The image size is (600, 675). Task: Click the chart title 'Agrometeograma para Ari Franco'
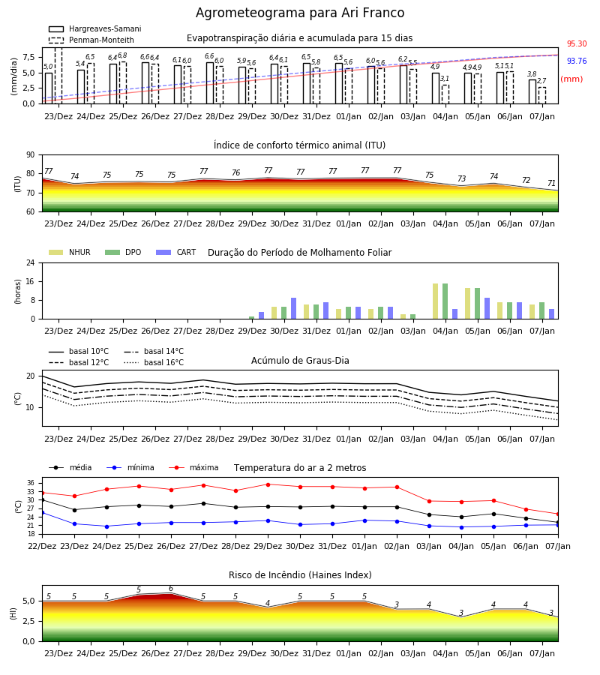(x=300, y=13)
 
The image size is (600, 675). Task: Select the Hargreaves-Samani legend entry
(x=95, y=28)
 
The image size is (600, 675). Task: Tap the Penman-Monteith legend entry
(x=91, y=40)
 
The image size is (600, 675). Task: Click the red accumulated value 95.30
(x=577, y=43)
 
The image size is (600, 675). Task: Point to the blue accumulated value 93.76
(x=577, y=61)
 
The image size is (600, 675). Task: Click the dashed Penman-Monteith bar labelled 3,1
(x=445, y=94)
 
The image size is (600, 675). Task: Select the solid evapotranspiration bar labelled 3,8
(x=532, y=91)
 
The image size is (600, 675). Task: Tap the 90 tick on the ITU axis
(x=31, y=155)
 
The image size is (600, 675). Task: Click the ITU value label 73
(x=461, y=178)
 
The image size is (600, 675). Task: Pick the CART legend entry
(x=176, y=252)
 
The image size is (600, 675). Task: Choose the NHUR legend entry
(x=70, y=252)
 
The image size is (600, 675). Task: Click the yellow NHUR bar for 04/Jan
(x=436, y=301)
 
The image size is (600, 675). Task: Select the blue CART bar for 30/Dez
(x=293, y=308)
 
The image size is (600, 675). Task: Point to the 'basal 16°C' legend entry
(x=154, y=362)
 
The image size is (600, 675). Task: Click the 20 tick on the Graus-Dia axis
(x=31, y=376)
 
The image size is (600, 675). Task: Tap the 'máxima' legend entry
(x=193, y=467)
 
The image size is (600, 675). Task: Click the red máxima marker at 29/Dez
(x=268, y=484)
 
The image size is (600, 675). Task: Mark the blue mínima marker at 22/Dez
(x=42, y=513)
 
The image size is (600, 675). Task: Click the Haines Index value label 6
(x=171, y=589)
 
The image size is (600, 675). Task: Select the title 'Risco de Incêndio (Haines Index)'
(x=300, y=575)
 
